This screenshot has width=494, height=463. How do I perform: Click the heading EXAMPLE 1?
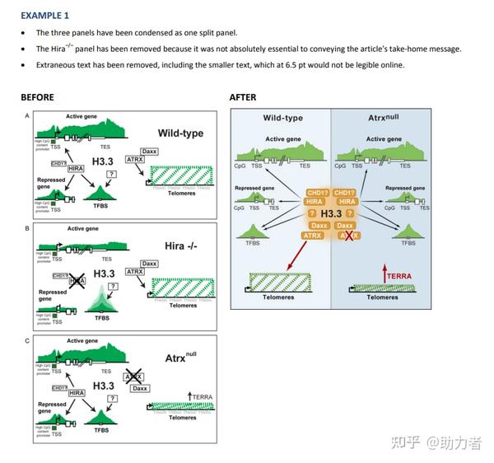click(x=45, y=15)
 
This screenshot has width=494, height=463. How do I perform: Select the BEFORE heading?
click(x=37, y=97)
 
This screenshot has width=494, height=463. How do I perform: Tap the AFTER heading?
click(x=243, y=97)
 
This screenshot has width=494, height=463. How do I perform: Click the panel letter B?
click(x=28, y=228)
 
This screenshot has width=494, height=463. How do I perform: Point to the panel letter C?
click(x=28, y=339)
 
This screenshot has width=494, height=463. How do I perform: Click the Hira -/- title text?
click(x=179, y=246)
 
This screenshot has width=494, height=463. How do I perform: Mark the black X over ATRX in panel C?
click(x=133, y=376)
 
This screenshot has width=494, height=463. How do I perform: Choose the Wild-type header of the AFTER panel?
click(x=282, y=119)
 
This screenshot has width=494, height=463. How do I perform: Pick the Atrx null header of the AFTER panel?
click(x=382, y=118)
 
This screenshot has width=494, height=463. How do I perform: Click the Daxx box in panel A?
click(x=149, y=152)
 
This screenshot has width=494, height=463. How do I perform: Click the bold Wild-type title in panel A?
click(x=180, y=133)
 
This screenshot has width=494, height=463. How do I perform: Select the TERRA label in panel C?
click(x=202, y=397)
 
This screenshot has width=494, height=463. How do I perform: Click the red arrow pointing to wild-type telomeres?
click(x=297, y=252)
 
